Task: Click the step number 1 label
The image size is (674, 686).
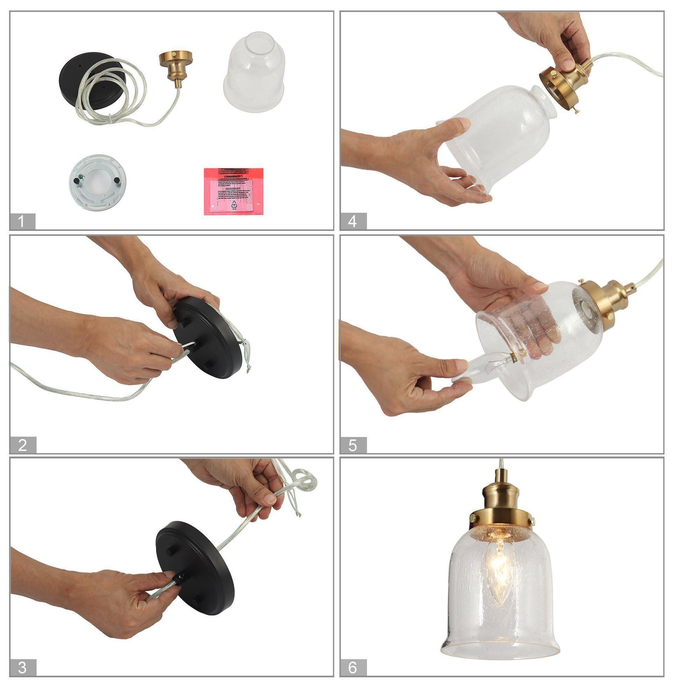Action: pyautogui.click(x=22, y=221)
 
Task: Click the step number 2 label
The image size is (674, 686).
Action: pyautogui.click(x=23, y=445)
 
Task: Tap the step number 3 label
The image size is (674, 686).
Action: pyautogui.click(x=23, y=667)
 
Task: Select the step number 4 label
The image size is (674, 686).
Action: pyautogui.click(x=353, y=221)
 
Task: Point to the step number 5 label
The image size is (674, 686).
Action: pyautogui.click(x=353, y=445)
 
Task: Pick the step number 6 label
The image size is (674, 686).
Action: pyautogui.click(x=353, y=667)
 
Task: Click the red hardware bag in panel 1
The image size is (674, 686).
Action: pyautogui.click(x=233, y=191)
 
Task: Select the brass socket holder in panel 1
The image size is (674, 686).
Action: pyautogui.click(x=176, y=67)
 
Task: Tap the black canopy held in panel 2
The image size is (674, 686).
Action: pyautogui.click(x=209, y=337)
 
